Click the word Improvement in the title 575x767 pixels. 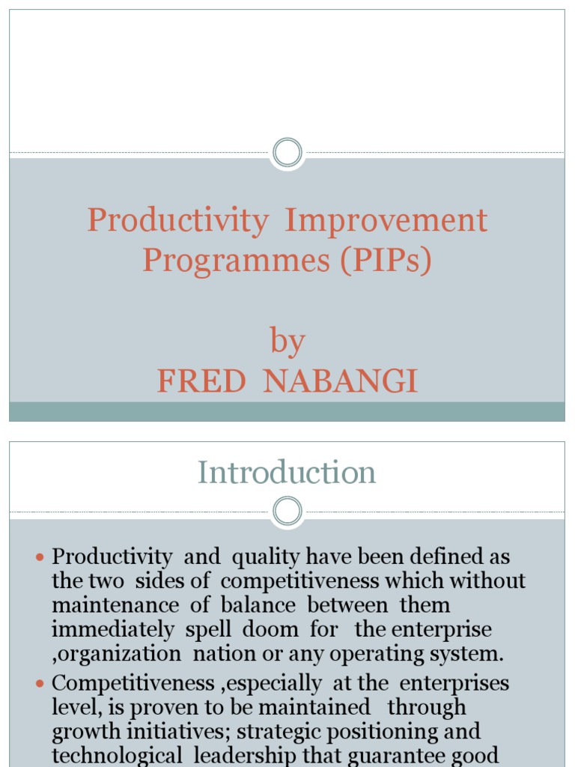point(386,221)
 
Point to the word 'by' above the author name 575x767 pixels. point(287,342)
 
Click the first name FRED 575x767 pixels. point(201,381)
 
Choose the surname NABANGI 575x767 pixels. point(341,381)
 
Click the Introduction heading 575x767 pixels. point(287,473)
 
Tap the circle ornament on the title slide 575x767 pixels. point(287,154)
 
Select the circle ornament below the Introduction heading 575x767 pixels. point(287,512)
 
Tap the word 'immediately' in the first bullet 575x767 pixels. point(112,629)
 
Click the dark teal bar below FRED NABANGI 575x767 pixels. point(287,411)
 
